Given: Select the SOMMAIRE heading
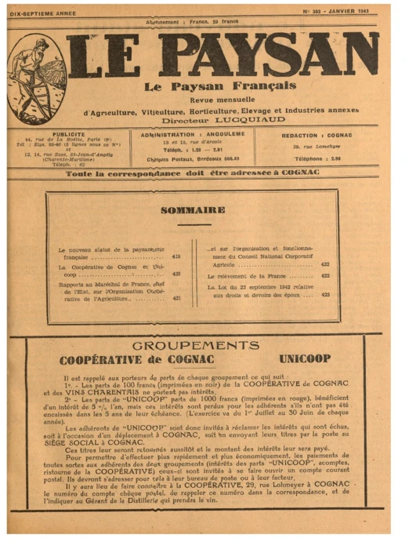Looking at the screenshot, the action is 193,210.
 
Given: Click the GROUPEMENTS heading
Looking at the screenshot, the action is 196,346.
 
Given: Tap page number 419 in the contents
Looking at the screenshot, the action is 176,256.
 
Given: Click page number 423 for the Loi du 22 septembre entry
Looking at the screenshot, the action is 325,295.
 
